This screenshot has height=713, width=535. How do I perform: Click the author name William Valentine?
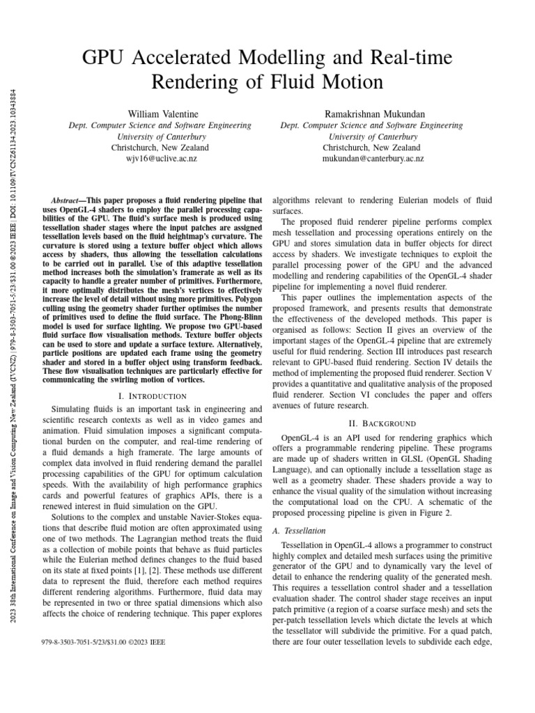[160, 113]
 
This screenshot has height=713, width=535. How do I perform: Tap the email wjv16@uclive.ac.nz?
[160, 159]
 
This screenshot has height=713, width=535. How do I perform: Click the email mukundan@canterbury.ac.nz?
[371, 159]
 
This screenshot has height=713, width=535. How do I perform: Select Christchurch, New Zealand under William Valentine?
[160, 148]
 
